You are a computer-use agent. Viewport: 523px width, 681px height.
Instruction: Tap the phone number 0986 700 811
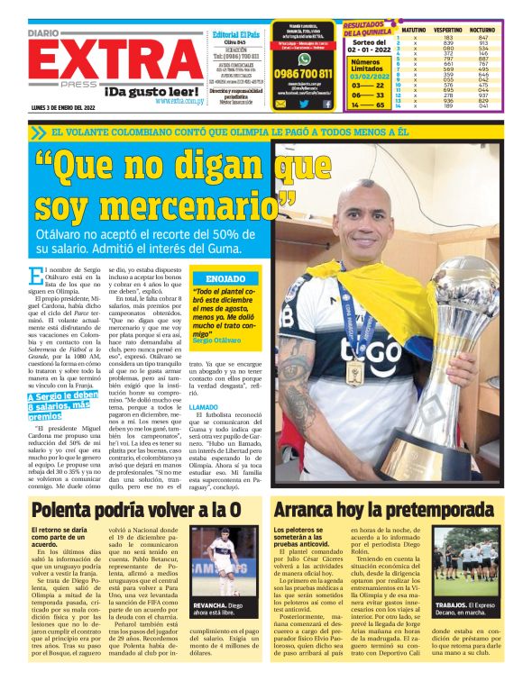[x=302, y=74]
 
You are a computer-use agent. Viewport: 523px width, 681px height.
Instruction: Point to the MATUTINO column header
[x=413, y=30]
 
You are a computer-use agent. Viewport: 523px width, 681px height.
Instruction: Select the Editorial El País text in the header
[x=235, y=34]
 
